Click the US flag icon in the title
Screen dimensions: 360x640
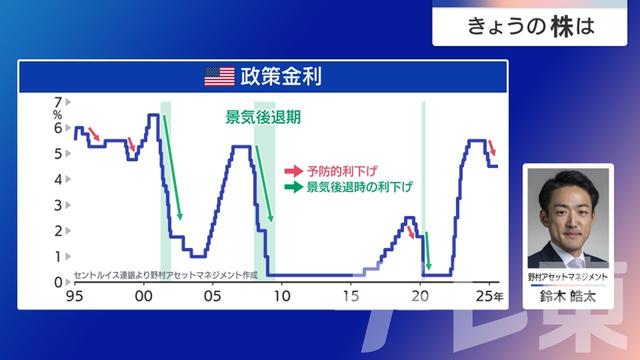click(218, 75)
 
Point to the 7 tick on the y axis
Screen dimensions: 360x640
click(57, 101)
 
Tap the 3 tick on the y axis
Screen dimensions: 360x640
click(57, 204)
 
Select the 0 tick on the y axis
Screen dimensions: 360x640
click(57, 282)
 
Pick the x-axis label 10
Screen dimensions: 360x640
click(281, 297)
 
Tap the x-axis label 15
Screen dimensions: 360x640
click(351, 297)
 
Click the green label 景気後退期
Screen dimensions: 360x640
click(263, 116)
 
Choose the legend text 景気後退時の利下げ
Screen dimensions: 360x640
click(360, 186)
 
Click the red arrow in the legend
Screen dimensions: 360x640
click(293, 171)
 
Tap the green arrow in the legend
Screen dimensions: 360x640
click(293, 187)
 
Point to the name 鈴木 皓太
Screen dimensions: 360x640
click(567, 295)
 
